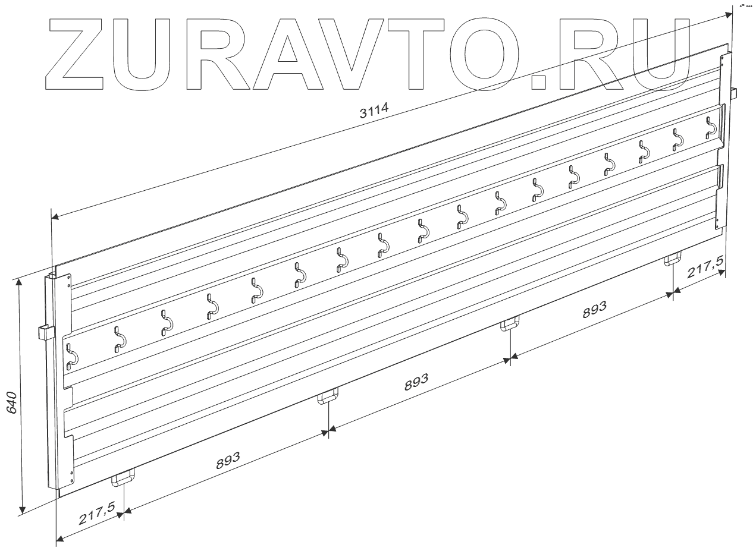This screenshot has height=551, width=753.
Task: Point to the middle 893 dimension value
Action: (416, 383)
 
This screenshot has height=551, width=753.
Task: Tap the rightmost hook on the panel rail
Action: (711, 127)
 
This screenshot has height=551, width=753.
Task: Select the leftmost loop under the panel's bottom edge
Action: (123, 478)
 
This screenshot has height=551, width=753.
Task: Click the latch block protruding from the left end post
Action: (43, 332)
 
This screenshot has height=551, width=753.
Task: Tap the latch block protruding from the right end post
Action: (733, 93)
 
